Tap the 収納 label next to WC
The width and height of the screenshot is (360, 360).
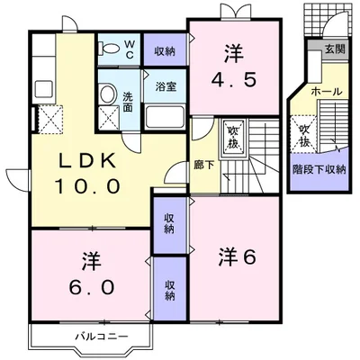pyautogui.click(x=165, y=51)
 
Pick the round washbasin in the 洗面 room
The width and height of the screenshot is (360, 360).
pyautogui.click(x=106, y=94)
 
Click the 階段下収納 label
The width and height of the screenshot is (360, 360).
pyautogui.click(x=319, y=168)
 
